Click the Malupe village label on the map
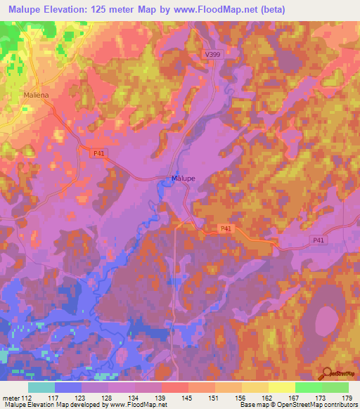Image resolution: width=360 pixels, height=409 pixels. point(184,178)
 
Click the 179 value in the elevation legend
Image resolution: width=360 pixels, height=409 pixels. point(347,397)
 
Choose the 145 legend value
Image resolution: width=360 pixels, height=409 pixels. point(188,397)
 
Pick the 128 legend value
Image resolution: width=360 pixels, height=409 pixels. point(108,397)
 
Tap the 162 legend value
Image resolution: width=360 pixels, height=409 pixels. point(268,397)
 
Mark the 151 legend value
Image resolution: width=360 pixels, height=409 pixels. point(214,397)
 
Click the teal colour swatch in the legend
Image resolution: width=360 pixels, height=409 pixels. point(41,387)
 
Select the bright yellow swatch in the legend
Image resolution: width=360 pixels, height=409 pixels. point(281,387)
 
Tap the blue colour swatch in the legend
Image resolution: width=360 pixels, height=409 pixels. point(68,387)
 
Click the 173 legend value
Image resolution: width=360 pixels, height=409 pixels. point(321,397)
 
